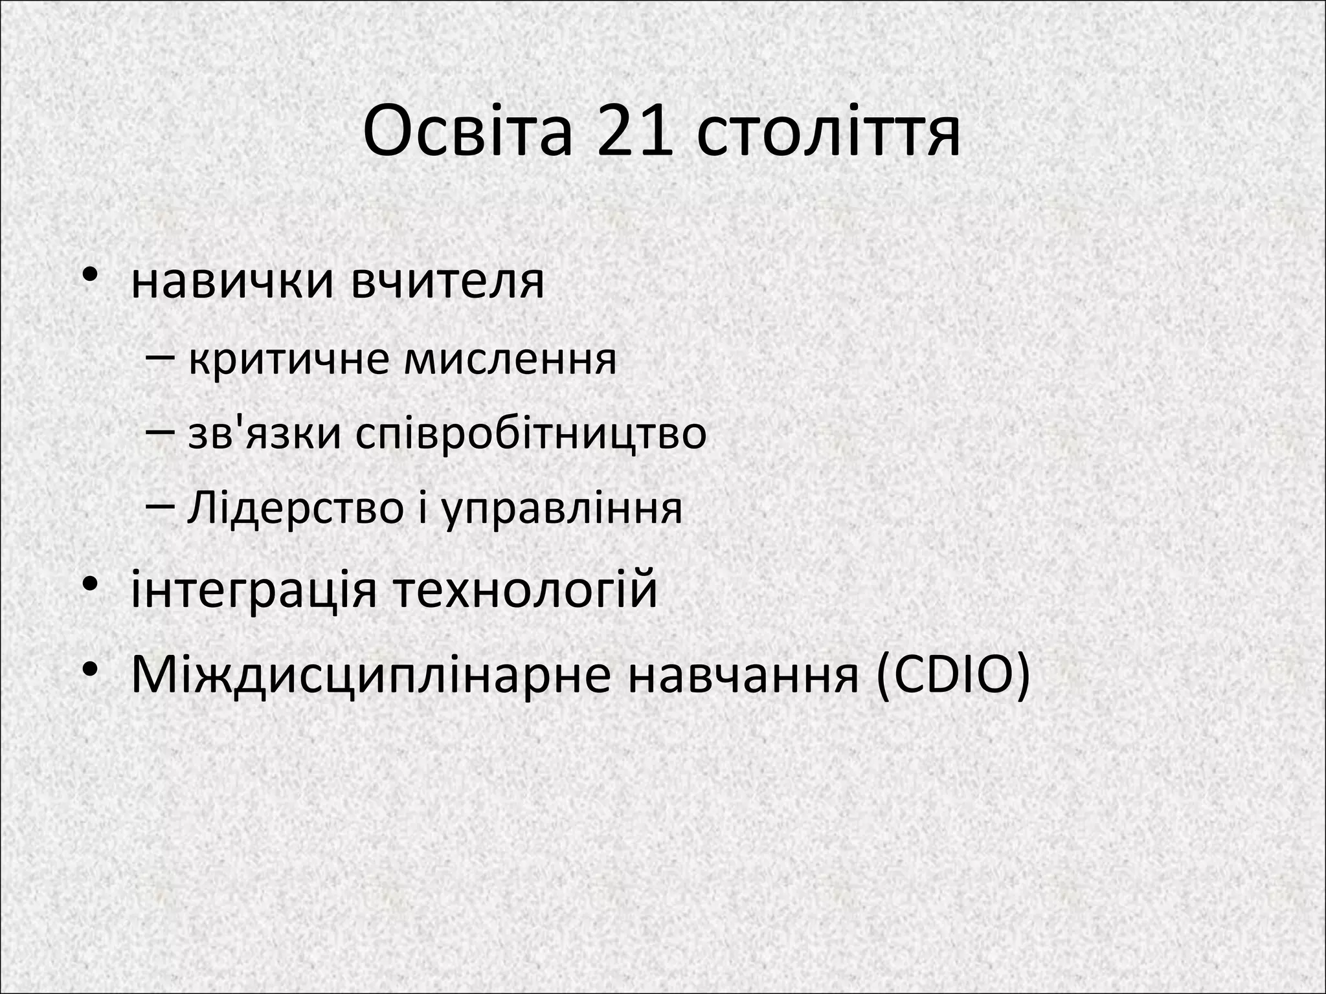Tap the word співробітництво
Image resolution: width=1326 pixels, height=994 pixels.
click(x=531, y=435)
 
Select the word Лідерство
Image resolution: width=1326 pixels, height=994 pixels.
click(x=295, y=508)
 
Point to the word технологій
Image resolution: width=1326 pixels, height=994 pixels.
click(x=524, y=590)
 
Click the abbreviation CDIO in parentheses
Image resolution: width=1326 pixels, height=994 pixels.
click(x=951, y=675)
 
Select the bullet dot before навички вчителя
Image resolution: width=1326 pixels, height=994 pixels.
click(x=90, y=274)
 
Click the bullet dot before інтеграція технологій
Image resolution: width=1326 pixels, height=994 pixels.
click(x=90, y=584)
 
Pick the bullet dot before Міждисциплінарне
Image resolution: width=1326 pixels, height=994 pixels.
click(x=90, y=668)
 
